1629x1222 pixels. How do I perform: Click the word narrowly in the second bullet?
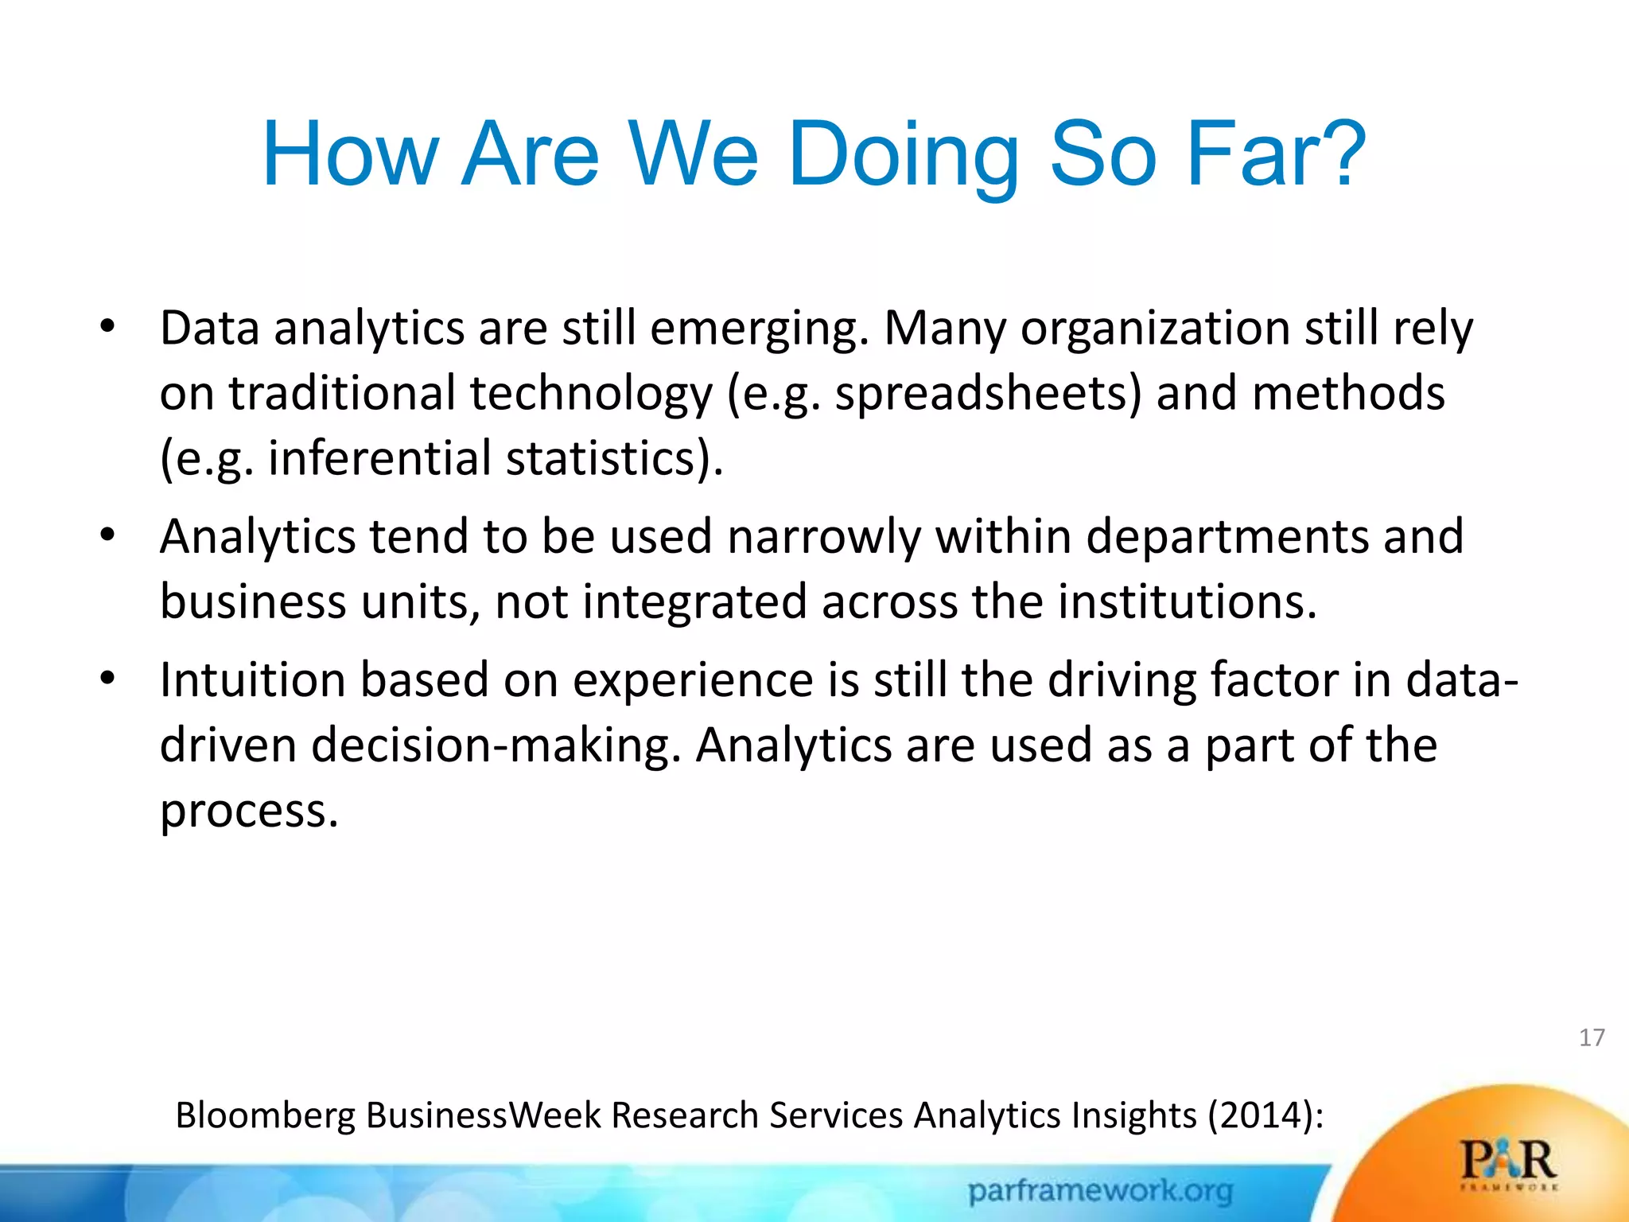tap(824, 536)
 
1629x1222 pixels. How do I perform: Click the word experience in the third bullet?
tap(693, 682)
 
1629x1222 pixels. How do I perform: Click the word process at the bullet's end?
tap(249, 811)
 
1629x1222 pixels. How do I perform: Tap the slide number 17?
tap(1592, 1037)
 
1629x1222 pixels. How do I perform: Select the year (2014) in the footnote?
tap(1265, 1115)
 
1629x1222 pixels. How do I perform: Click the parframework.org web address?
tap(1100, 1191)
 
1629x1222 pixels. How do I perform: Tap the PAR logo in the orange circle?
tap(1508, 1162)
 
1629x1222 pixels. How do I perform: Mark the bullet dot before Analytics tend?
tap(108, 534)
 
